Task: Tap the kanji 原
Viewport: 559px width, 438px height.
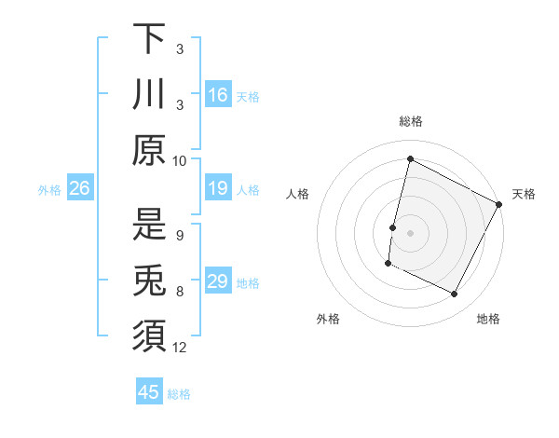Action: pos(148,150)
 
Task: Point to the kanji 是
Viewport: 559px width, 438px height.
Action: pos(148,225)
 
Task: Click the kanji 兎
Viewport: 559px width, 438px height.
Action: pos(148,281)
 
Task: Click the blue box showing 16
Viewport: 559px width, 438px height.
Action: pos(217,94)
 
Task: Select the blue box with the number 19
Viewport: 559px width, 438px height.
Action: pos(217,188)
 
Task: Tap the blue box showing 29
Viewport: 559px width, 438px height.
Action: pos(217,281)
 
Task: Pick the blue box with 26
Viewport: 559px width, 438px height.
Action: pos(79,188)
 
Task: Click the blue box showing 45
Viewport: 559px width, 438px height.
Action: pos(149,392)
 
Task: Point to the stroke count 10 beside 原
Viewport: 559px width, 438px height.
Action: pos(180,160)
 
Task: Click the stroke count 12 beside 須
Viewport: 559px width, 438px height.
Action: pos(180,348)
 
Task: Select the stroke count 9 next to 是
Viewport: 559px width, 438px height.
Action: pos(179,235)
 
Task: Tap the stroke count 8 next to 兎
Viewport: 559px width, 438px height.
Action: pos(179,291)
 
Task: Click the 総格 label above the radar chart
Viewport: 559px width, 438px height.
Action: pos(410,121)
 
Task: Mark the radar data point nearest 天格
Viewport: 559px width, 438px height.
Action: pos(499,204)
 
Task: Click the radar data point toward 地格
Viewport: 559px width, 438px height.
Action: pos(455,294)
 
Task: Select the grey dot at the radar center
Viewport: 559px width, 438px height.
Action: pos(410,232)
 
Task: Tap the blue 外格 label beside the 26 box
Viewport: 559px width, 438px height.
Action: pos(49,190)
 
